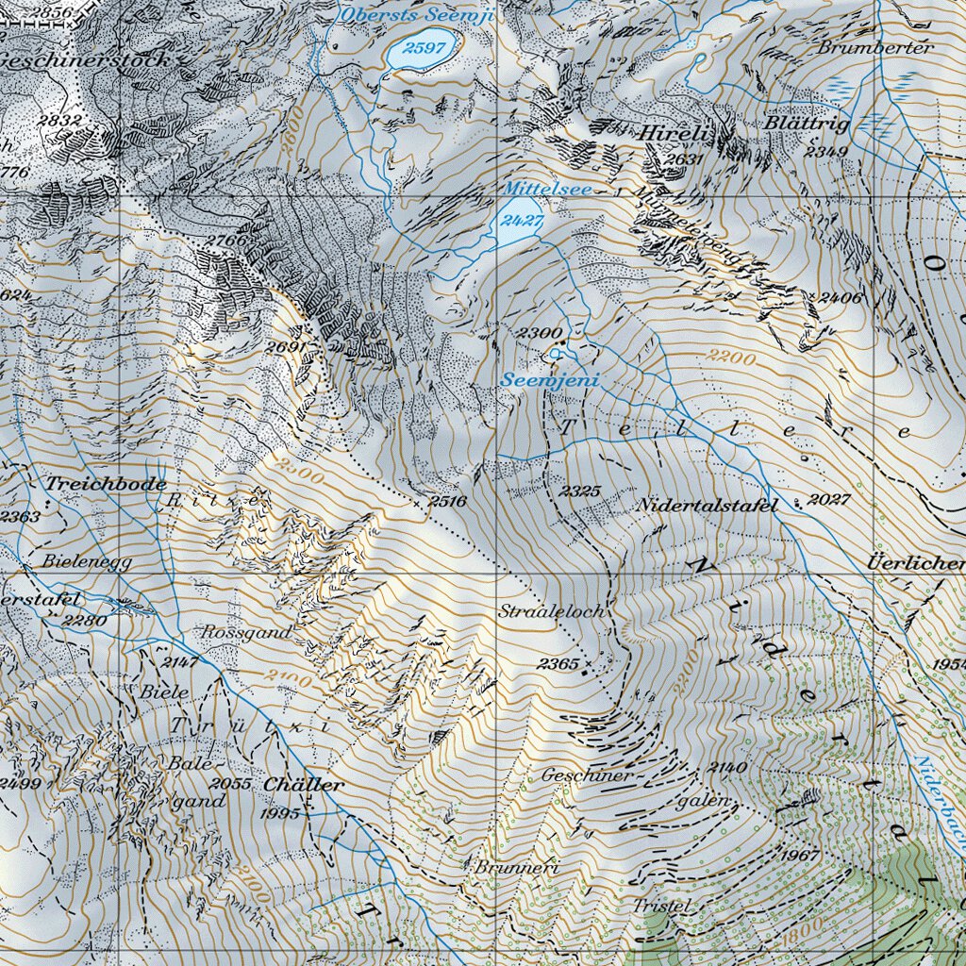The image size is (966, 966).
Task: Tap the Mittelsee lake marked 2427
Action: pyautogui.click(x=516, y=223)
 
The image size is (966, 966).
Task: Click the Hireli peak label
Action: pyautogui.click(x=673, y=134)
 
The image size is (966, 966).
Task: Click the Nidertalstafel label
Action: pyautogui.click(x=708, y=505)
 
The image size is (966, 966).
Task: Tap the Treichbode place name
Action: pyautogui.click(x=106, y=483)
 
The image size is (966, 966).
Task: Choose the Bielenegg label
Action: pyautogui.click(x=87, y=560)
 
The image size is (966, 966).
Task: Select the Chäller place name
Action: pyautogui.click(x=304, y=784)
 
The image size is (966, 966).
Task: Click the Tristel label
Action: pyautogui.click(x=662, y=906)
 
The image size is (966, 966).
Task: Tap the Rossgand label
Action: pyautogui.click(x=246, y=632)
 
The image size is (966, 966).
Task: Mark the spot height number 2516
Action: pyautogui.click(x=447, y=501)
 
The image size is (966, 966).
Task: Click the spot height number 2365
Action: pyautogui.click(x=558, y=664)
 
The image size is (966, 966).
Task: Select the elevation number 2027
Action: pyautogui.click(x=829, y=499)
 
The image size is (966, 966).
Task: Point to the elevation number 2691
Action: pyautogui.click(x=287, y=346)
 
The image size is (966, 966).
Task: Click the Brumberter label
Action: pyautogui.click(x=875, y=47)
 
